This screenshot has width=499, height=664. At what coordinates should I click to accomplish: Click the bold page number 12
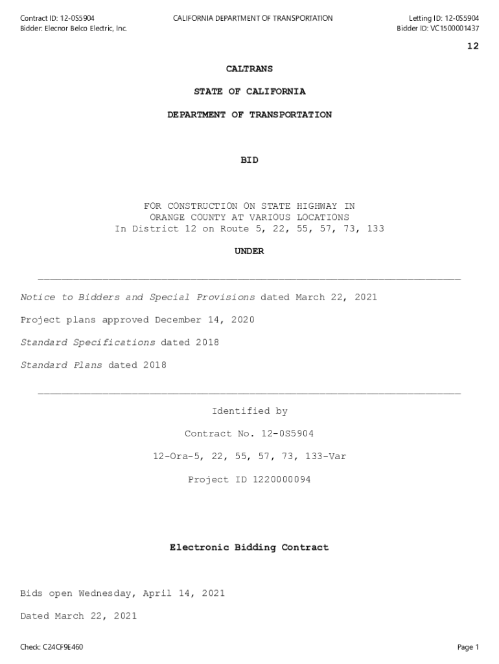coord(472,46)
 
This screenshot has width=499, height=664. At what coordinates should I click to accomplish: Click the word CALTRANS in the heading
coord(249,69)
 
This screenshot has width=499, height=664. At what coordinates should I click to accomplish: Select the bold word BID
coord(249,160)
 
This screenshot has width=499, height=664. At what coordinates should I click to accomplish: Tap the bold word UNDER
coord(249,252)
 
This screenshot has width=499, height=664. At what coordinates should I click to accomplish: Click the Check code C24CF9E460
coord(61,647)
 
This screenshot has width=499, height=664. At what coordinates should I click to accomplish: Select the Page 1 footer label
coord(467,647)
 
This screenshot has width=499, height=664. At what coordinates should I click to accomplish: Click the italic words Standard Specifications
coord(87,343)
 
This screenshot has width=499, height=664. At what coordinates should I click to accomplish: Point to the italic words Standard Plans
coord(61,366)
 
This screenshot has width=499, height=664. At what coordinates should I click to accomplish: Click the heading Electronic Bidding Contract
coord(249,548)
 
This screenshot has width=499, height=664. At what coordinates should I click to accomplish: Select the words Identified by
coord(249,412)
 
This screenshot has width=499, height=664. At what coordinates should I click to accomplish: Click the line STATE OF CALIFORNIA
coord(249,92)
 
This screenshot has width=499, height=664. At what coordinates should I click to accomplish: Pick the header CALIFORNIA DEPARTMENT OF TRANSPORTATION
coord(253,18)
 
